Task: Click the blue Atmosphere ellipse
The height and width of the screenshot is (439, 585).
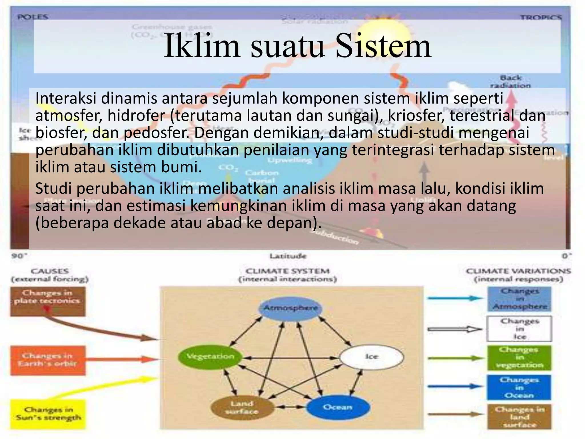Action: (290, 308)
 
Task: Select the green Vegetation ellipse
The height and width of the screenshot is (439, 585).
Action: (210, 357)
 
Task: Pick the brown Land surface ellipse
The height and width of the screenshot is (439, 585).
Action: (242, 408)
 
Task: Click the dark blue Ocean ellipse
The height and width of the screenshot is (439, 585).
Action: (338, 407)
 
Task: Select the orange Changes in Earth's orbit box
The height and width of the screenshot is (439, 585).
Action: (48, 360)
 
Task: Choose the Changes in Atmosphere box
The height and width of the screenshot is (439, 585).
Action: (519, 299)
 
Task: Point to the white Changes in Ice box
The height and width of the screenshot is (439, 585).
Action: (519, 329)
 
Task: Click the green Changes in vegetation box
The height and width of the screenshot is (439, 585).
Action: (519, 358)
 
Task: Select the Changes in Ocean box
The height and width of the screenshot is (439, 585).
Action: (519, 388)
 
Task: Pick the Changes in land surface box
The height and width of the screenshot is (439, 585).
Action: (519, 417)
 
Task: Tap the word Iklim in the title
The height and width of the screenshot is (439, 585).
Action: (202, 46)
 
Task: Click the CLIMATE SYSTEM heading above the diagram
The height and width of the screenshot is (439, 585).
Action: (287, 271)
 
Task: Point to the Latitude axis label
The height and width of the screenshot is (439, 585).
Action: (288, 256)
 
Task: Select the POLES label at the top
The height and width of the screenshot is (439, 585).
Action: (33, 17)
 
